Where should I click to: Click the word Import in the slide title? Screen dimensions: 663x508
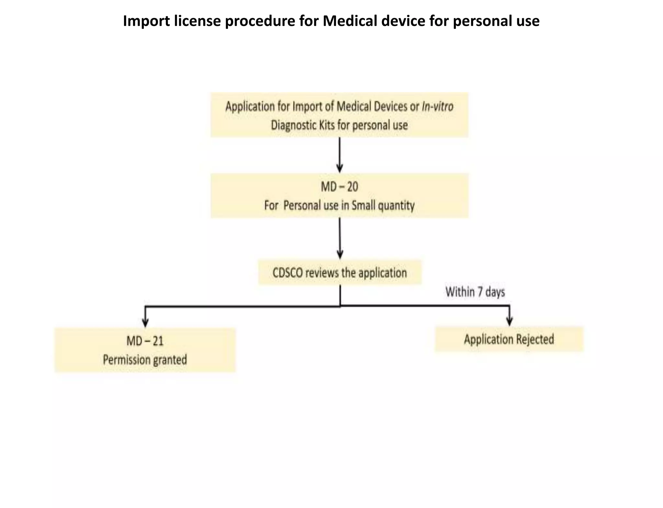point(147,21)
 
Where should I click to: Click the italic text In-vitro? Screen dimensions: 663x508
point(437,106)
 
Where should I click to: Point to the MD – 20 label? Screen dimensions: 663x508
point(339,187)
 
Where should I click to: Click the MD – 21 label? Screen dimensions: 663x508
point(145,341)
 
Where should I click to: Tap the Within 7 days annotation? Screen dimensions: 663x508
point(475,292)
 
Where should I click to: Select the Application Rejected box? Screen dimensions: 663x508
point(509,339)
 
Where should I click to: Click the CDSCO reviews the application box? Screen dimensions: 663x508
point(340,272)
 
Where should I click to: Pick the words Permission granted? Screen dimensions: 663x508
point(145,360)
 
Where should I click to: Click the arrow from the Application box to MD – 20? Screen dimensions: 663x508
point(339,155)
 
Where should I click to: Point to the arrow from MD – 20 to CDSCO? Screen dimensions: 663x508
point(340,238)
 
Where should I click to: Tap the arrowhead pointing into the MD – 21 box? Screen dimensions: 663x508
point(145,323)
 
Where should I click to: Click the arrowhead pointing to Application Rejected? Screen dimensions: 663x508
point(510,321)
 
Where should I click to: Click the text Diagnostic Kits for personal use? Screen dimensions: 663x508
point(339,125)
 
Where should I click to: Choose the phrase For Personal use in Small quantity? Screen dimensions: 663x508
point(339,206)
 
